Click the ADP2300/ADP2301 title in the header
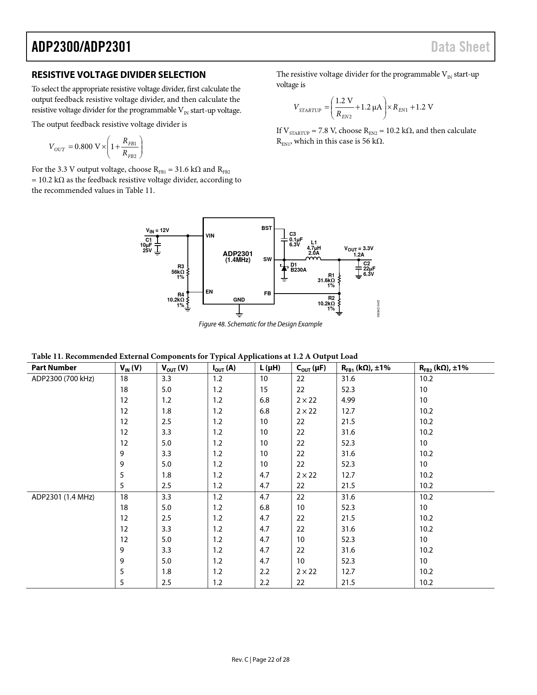(x=81, y=47)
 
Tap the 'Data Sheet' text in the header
(x=460, y=47)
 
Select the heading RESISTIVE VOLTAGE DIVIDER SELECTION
(x=119, y=75)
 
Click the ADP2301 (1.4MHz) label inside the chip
(x=238, y=257)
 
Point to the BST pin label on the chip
(x=267, y=228)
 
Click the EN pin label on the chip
(x=209, y=291)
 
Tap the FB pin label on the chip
(x=267, y=293)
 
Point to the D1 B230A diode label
(x=298, y=267)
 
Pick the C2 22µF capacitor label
(x=369, y=269)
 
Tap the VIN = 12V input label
(x=158, y=230)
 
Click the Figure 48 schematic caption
(x=260, y=324)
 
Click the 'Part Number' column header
(x=54, y=368)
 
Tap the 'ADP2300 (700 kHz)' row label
(x=63, y=379)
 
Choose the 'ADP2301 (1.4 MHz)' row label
(x=63, y=497)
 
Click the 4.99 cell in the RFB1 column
(x=348, y=400)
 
